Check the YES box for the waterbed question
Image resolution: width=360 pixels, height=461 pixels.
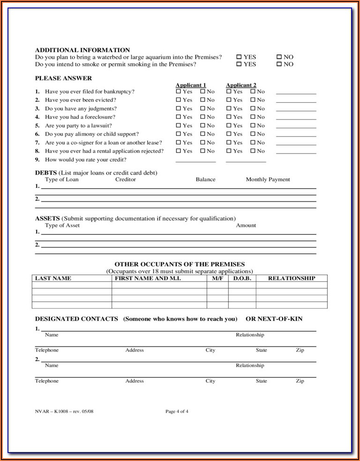pos(239,57)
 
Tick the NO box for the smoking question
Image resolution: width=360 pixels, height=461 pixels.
pos(279,64)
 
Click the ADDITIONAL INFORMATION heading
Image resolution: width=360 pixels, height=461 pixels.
pos(82,50)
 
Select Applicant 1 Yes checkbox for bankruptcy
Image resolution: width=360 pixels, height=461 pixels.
pos(178,92)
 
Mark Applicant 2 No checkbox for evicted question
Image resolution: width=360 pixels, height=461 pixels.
pos(253,100)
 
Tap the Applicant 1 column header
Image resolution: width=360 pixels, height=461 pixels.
pos(191,85)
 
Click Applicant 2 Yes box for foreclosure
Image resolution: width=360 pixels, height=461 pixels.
pos(229,117)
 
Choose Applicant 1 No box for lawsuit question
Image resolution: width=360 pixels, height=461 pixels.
pos(203,126)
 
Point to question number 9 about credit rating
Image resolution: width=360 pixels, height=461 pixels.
pos(85,160)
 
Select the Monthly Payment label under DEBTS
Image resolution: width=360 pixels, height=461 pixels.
pos(268,179)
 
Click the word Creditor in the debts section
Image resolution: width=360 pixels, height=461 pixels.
pos(125,179)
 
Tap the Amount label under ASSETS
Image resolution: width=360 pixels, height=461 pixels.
pos(246,225)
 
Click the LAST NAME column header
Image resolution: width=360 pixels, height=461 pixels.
pos(53,278)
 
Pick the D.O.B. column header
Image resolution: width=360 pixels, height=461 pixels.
pos(242,278)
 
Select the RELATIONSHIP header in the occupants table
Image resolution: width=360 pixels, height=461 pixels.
pos(291,278)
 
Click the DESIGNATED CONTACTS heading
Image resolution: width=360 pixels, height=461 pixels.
pos(77,319)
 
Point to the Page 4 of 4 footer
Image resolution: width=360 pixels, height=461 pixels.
pos(177,412)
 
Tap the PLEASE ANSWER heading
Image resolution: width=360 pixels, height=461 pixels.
pos(63,78)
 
